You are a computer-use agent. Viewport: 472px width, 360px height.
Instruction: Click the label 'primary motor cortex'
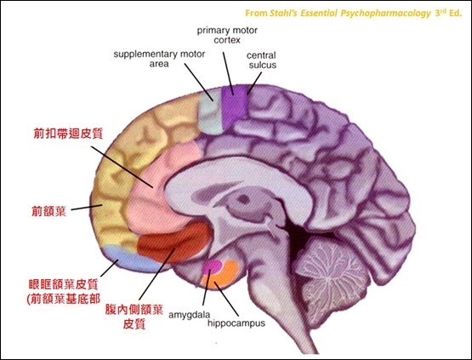point(227,35)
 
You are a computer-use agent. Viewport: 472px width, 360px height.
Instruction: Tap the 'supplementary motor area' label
point(159,59)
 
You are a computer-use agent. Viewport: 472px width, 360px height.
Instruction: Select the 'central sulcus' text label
point(262,60)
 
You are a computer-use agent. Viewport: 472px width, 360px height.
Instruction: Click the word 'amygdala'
point(190,315)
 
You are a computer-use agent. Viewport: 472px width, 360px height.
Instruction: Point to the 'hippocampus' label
point(236,323)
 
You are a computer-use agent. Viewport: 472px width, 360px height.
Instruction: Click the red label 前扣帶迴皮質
point(68,133)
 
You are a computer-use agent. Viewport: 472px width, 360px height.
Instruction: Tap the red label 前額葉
point(48,211)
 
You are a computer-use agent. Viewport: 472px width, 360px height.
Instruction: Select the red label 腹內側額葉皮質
point(134,317)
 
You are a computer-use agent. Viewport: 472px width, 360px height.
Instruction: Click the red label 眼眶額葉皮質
point(63,284)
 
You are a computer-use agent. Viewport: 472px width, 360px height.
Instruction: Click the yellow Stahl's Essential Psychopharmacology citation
point(353,14)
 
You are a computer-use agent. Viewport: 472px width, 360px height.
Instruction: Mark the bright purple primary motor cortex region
point(234,106)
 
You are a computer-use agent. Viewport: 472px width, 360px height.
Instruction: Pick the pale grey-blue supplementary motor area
point(211,111)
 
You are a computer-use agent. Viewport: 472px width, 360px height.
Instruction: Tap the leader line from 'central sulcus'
point(254,83)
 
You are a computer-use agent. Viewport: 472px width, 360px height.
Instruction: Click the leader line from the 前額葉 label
point(87,208)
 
